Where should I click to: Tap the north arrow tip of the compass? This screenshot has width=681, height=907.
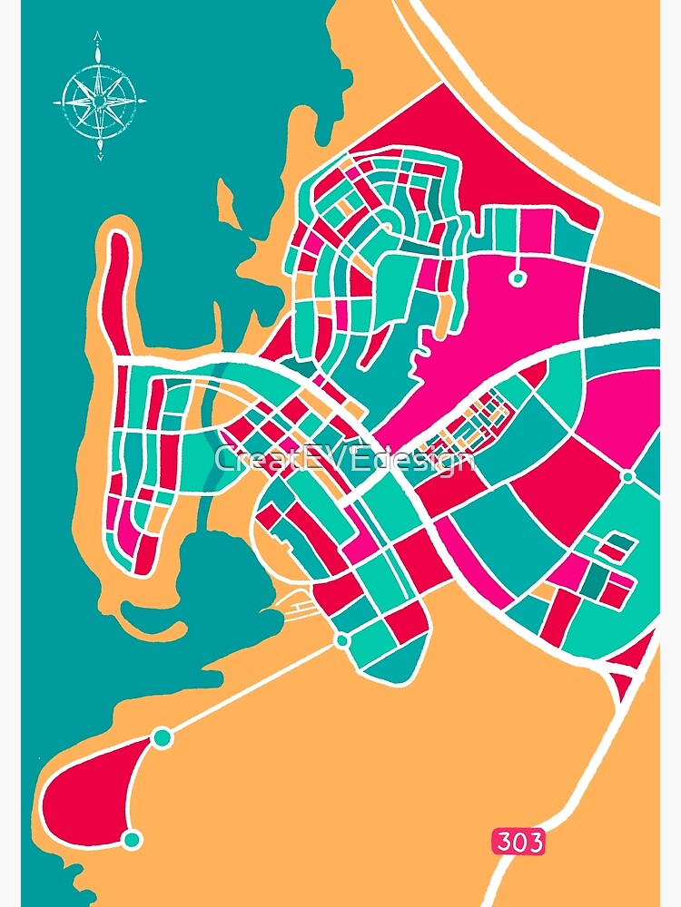98,37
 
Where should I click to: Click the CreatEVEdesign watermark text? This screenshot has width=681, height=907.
344,459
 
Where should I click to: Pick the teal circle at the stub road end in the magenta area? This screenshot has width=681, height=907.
518,278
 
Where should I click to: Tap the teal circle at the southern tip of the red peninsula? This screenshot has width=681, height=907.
133,839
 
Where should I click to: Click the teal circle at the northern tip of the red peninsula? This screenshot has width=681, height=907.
163,737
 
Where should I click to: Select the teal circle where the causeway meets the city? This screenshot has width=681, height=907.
342,641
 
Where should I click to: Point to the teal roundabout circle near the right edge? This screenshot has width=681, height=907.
627,475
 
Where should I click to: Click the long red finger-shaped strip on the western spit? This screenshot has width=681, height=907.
118,290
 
